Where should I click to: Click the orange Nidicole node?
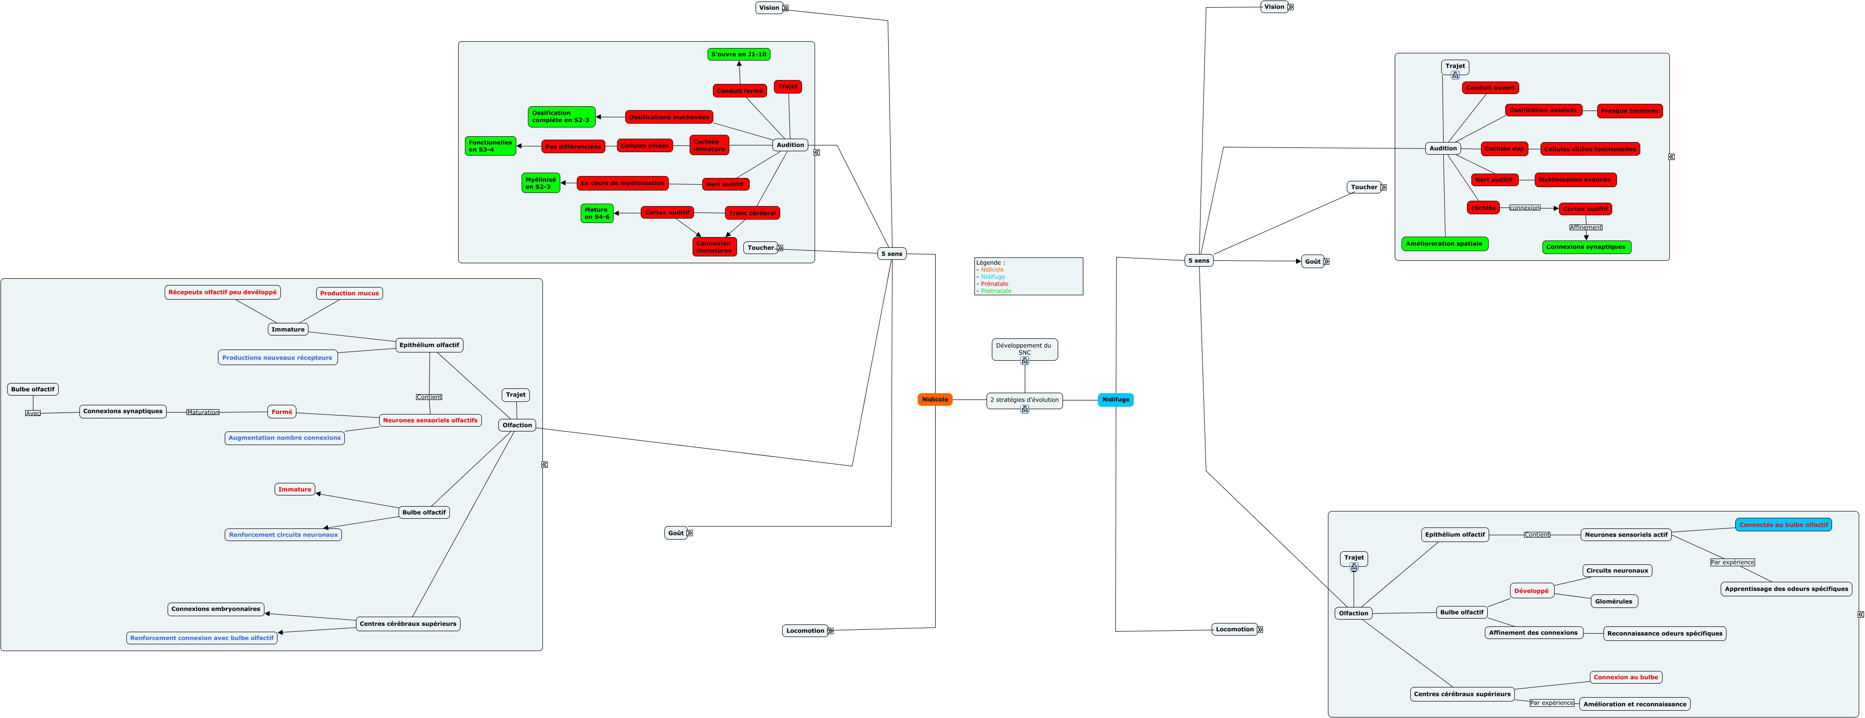click(x=935, y=399)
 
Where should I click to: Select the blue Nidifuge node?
click(x=1115, y=399)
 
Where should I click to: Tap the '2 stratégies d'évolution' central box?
click(x=1024, y=400)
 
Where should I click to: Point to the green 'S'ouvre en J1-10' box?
click(x=739, y=54)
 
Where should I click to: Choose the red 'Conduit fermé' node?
click(x=739, y=91)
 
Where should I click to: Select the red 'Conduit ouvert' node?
click(x=1490, y=88)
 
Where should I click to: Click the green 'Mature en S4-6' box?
click(x=597, y=213)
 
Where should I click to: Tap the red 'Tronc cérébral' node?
click(x=752, y=213)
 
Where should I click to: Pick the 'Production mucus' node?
click(x=349, y=293)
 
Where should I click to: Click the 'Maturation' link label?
click(x=203, y=412)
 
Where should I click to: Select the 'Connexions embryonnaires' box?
click(x=216, y=608)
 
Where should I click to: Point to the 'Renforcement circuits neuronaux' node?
click(x=283, y=535)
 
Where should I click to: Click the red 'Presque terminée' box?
click(x=1629, y=111)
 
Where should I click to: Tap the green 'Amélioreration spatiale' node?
click(x=1444, y=243)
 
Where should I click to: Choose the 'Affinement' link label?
click(x=1586, y=227)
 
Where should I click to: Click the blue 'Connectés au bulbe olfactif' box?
click(x=1783, y=525)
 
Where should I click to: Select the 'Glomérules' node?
click(x=1613, y=601)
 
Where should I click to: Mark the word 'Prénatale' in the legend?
click(x=994, y=284)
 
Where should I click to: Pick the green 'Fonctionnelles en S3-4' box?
click(x=490, y=145)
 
